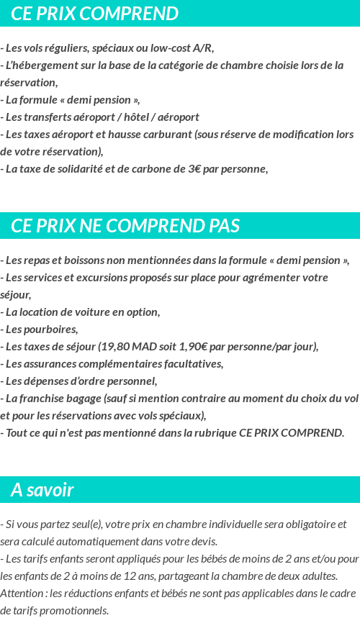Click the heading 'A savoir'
point(42,491)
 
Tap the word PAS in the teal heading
point(224,226)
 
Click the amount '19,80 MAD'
point(127,347)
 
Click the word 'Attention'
point(22,594)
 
